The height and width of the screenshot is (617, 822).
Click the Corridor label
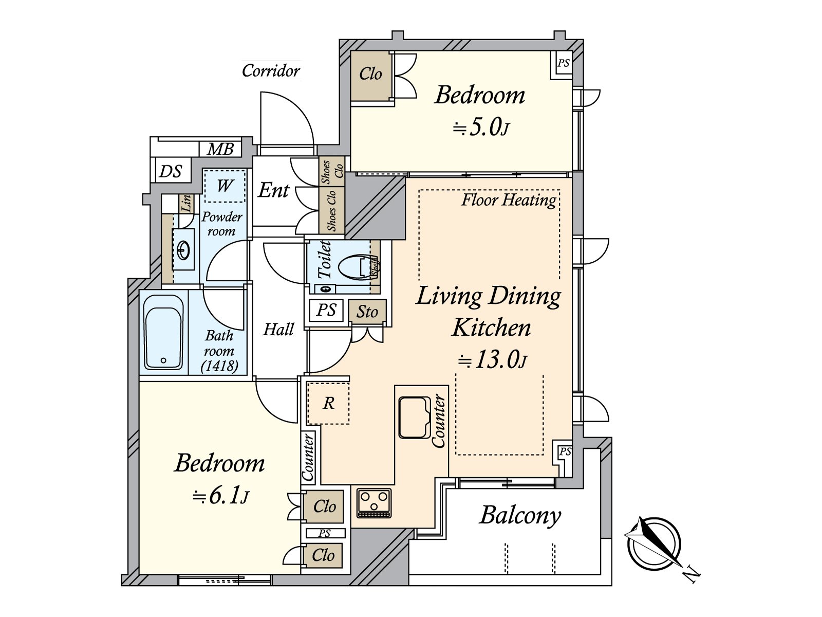(271, 70)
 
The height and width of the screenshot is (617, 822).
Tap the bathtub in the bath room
(164, 332)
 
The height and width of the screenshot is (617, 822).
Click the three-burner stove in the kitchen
(373, 503)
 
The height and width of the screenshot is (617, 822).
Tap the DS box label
(171, 171)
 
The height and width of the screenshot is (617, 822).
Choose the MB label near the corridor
(220, 149)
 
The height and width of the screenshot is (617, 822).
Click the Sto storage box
(367, 312)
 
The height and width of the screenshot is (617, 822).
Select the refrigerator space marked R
(328, 403)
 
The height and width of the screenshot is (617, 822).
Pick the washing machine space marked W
(225, 186)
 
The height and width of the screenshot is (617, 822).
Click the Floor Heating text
(509, 200)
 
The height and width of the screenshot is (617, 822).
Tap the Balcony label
(520, 516)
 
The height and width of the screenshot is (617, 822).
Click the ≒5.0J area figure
(481, 128)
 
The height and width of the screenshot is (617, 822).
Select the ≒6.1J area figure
(220, 496)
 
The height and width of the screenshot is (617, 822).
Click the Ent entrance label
(273, 190)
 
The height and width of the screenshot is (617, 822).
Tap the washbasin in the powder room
(183, 249)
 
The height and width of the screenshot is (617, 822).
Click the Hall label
(278, 330)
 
